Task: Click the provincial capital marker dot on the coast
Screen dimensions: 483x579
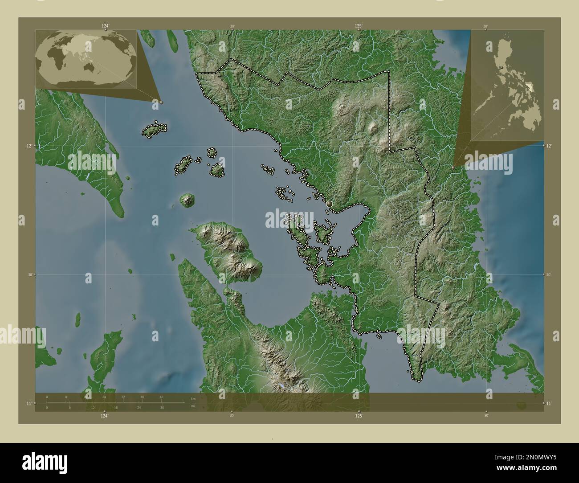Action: (x=330, y=204)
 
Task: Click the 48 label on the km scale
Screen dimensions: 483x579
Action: (x=161, y=397)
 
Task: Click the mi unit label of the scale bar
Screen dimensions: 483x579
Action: (x=192, y=406)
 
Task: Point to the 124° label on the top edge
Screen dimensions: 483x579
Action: (x=105, y=26)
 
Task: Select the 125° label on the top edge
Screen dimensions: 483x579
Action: (x=359, y=26)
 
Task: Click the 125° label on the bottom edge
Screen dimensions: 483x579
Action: (x=359, y=416)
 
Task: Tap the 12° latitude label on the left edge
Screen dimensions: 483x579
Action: (x=29, y=146)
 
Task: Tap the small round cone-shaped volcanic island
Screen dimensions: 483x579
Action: (x=186, y=200)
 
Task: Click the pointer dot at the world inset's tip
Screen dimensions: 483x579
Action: (x=161, y=102)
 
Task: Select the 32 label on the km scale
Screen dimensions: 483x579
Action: (x=123, y=397)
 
